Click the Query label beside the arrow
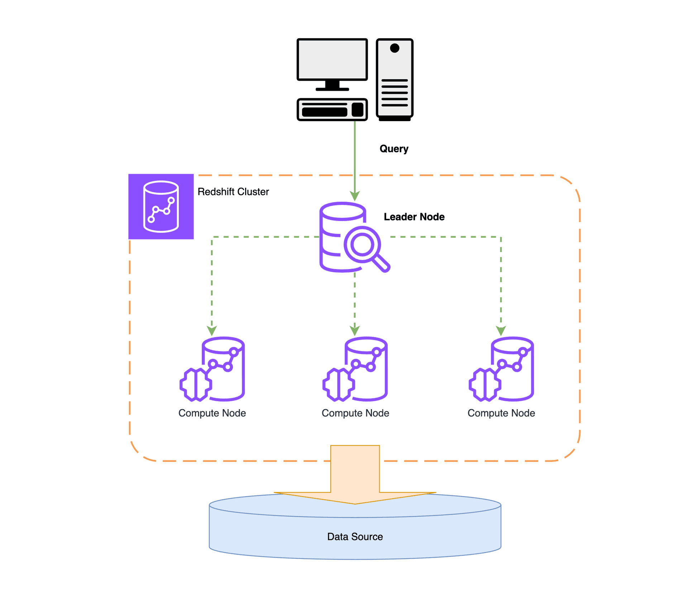click(393, 148)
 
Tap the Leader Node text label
click(414, 216)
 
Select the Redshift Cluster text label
click(233, 191)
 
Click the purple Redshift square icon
click(161, 206)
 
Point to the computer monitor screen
click(332, 59)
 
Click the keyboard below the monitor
click(332, 109)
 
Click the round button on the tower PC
click(395, 48)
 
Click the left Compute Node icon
click(212, 369)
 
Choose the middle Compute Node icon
click(355, 369)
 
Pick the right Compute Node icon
click(501, 369)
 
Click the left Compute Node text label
click(212, 413)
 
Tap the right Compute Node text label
click(501, 413)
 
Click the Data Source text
click(355, 536)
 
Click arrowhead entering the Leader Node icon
click(355, 196)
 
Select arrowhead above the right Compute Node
click(501, 330)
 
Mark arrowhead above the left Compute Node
click(212, 330)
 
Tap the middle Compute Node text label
click(355, 413)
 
